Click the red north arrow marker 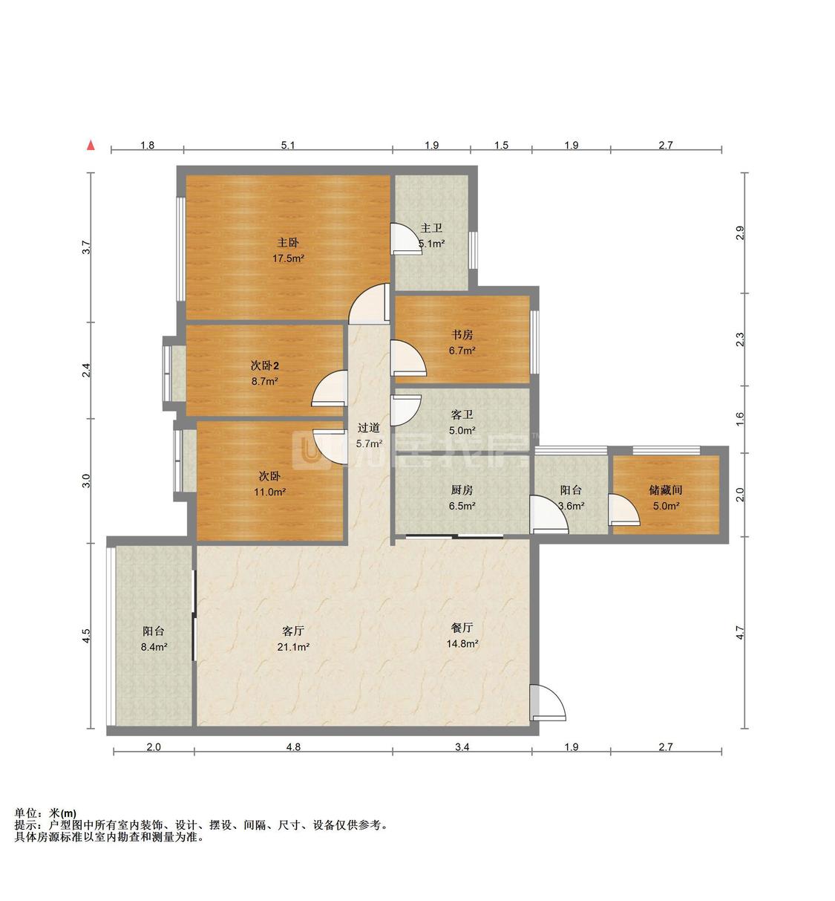[91, 146]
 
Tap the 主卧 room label [288, 242]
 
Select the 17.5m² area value [288, 258]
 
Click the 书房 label [462, 335]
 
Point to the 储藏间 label [665, 490]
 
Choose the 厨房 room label [462, 490]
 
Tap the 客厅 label [293, 631]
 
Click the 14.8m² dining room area [462, 643]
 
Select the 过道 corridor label [368, 428]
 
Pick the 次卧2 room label [264, 365]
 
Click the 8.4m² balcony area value [154, 647]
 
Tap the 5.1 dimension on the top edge [288, 145]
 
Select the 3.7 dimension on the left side [86, 247]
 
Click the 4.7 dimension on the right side [740, 633]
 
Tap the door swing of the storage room [624, 510]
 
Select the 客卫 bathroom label [462, 414]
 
